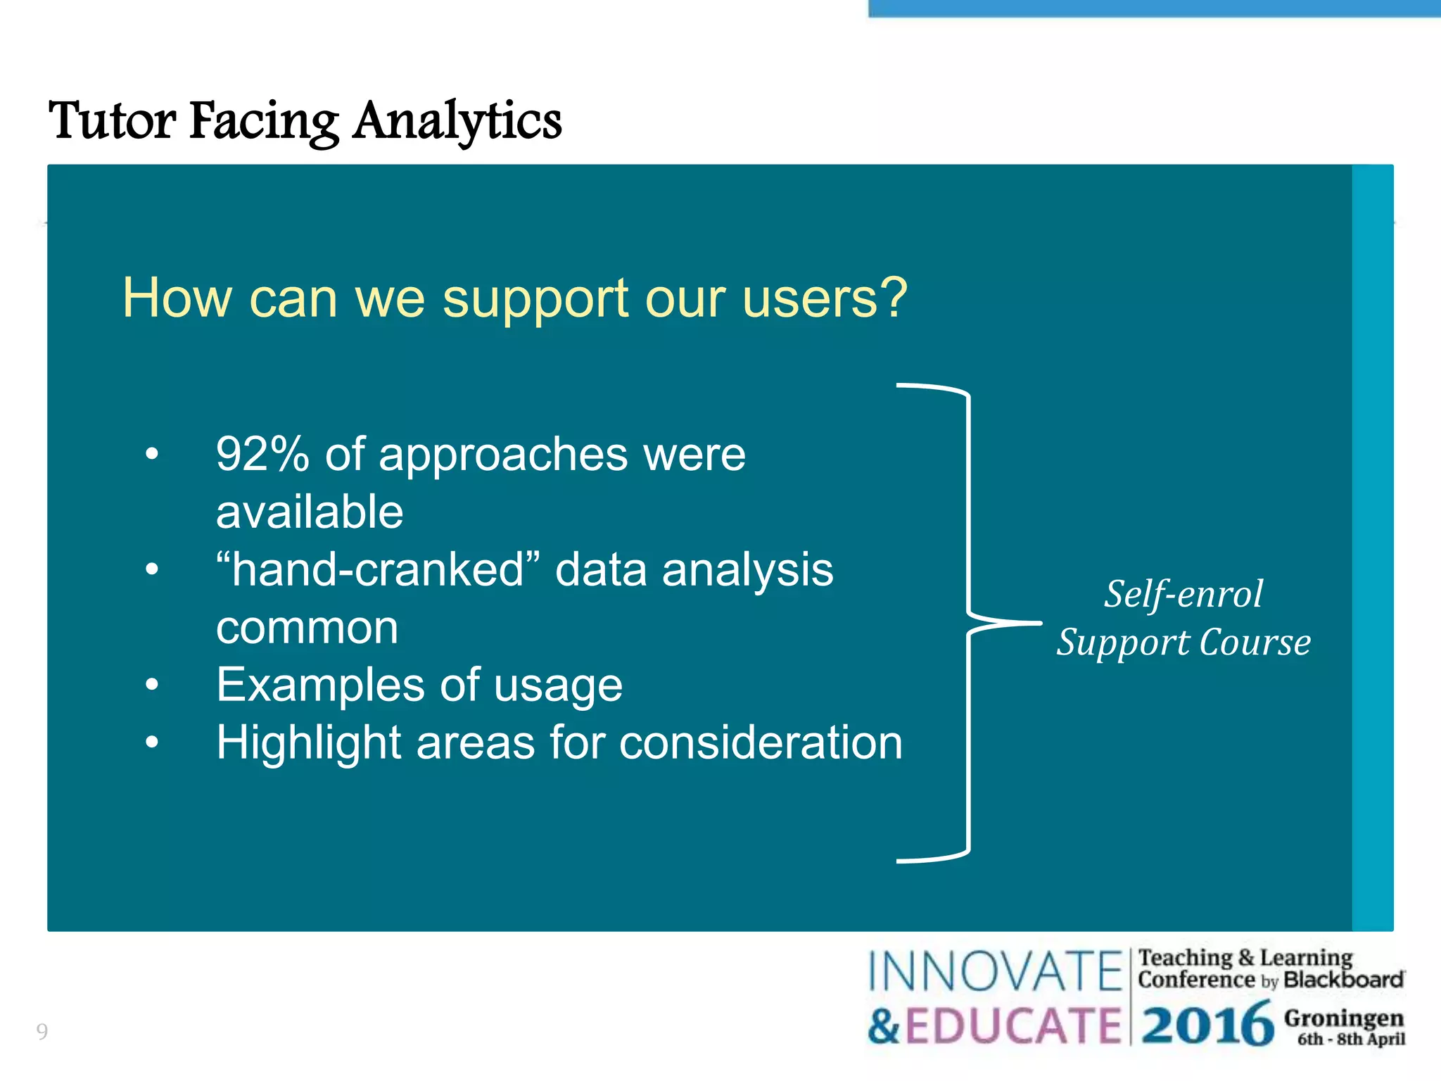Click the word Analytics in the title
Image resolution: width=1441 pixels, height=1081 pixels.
(457, 121)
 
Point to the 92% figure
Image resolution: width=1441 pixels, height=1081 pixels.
(262, 454)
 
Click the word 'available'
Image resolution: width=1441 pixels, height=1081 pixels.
(310, 512)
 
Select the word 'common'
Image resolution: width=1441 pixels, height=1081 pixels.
(307, 627)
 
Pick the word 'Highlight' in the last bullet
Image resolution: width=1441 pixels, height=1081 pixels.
(308, 744)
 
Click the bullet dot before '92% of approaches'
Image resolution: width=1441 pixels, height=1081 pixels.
(152, 454)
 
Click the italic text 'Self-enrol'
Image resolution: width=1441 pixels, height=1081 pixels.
(1183, 594)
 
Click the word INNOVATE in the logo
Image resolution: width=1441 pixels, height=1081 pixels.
(994, 972)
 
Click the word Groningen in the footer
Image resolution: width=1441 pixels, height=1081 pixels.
(1343, 1018)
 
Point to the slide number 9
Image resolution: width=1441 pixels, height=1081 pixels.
(42, 1032)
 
